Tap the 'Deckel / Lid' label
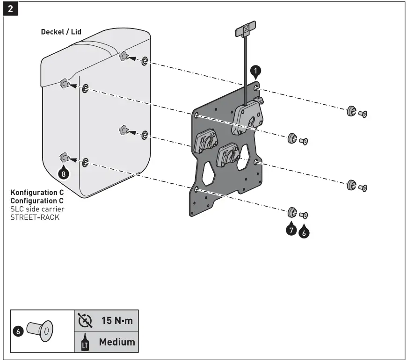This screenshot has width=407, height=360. point(61,32)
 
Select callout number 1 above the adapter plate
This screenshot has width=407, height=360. point(255,71)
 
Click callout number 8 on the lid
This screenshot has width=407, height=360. point(64,173)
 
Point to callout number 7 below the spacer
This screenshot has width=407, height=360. point(291,230)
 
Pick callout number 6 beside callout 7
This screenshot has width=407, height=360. point(304,231)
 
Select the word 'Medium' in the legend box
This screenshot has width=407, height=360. point(116,342)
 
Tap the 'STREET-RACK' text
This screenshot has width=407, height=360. point(35,217)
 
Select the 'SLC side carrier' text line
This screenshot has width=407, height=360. point(37,209)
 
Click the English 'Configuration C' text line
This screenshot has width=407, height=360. point(37,201)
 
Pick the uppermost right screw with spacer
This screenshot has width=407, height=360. point(356,113)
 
